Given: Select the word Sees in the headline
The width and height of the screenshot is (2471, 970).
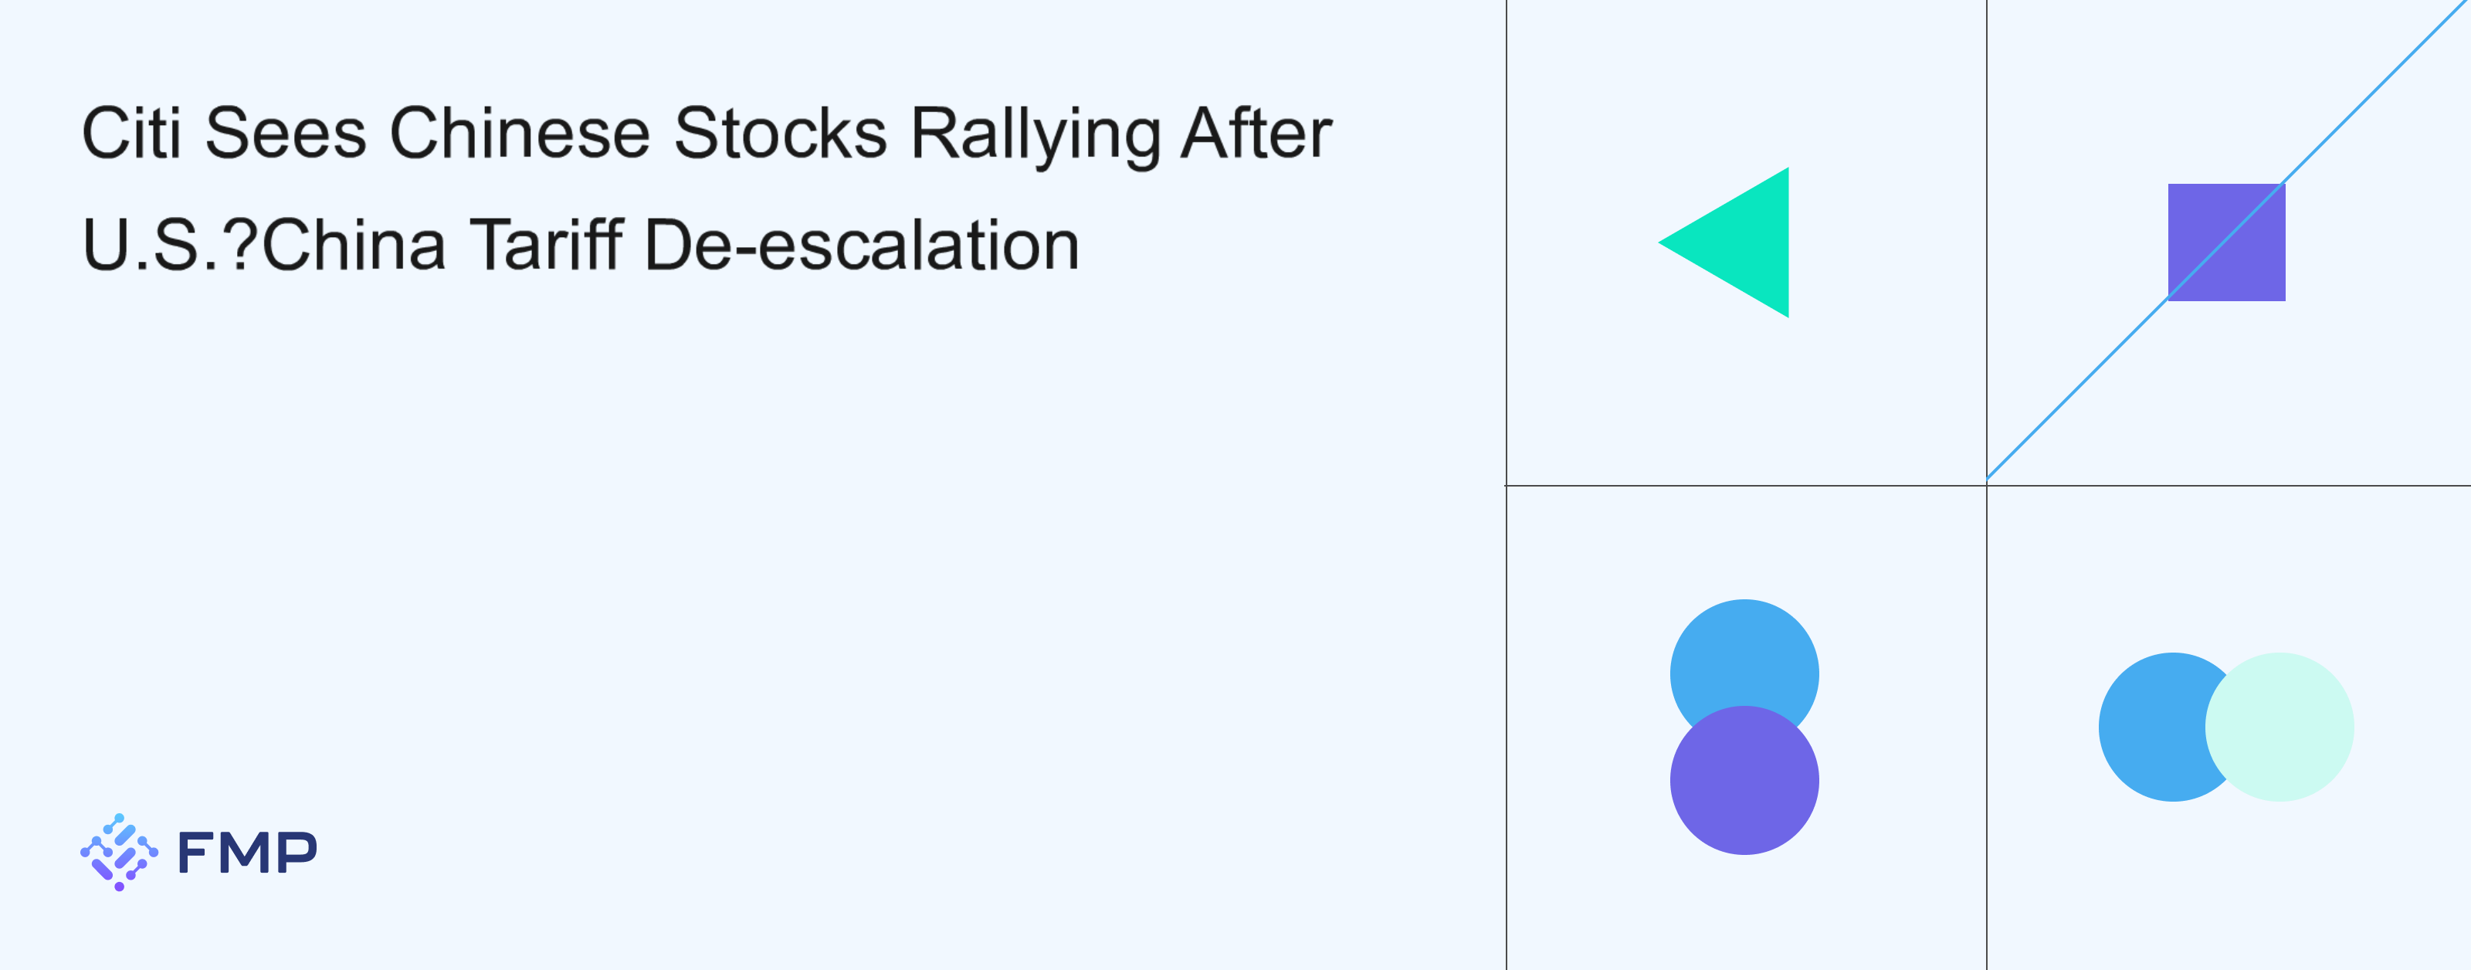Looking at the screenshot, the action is (285, 134).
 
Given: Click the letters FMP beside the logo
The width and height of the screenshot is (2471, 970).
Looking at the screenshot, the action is (247, 852).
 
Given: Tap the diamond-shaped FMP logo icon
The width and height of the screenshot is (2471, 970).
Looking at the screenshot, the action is (119, 852).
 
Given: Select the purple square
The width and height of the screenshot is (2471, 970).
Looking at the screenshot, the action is (2226, 242).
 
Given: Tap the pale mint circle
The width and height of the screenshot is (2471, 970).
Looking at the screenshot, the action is (2279, 727).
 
